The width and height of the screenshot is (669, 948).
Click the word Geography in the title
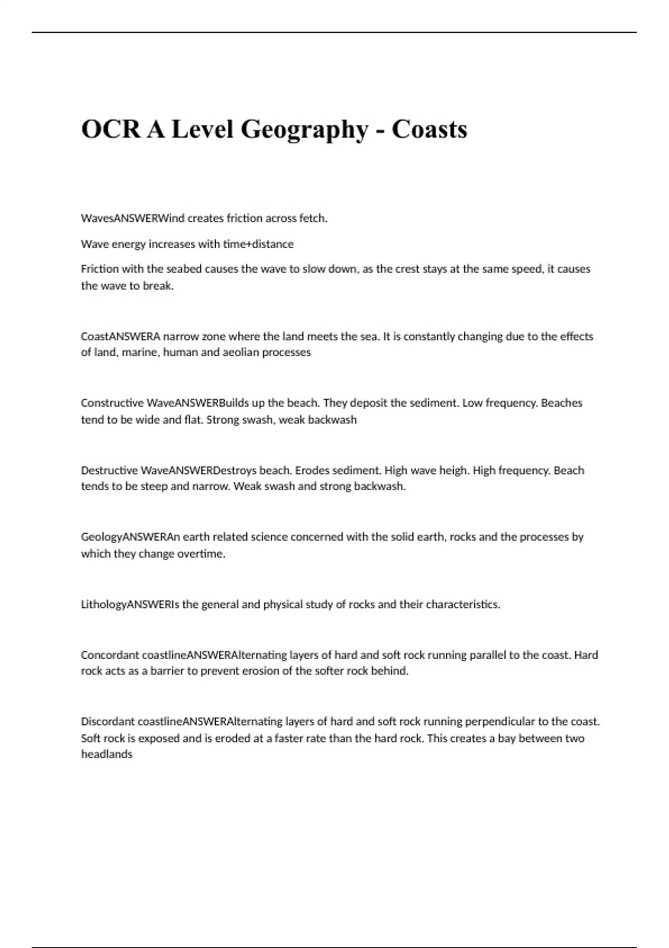click(304, 130)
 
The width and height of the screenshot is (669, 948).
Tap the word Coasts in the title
click(429, 129)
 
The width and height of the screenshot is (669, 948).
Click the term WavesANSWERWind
click(133, 219)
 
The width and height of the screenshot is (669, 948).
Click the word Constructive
click(112, 403)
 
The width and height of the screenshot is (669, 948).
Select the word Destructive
click(109, 471)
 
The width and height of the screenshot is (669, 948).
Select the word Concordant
click(110, 655)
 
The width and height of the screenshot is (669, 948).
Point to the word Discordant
click(108, 722)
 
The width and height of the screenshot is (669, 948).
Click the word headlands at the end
click(106, 754)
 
